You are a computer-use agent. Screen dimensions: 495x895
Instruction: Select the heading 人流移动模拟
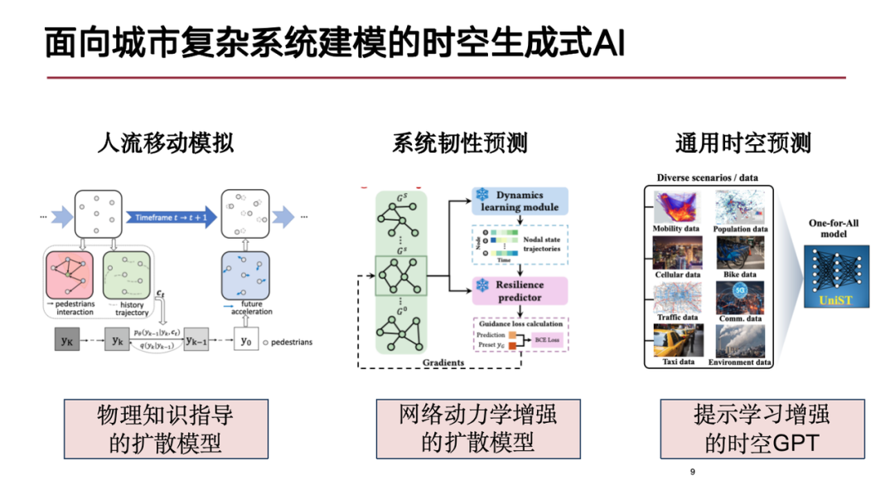165,143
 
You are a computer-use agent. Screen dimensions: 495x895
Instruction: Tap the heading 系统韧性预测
459,143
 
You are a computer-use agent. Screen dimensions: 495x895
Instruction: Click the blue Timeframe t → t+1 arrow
172,217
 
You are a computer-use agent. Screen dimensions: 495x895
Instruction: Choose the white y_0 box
244,341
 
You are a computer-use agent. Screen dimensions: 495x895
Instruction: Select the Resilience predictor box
520,290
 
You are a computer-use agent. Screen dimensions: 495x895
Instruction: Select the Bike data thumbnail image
740,253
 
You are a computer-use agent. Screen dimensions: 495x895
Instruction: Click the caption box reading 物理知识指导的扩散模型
166,429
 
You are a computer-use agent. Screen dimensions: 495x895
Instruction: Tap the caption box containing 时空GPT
762,429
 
